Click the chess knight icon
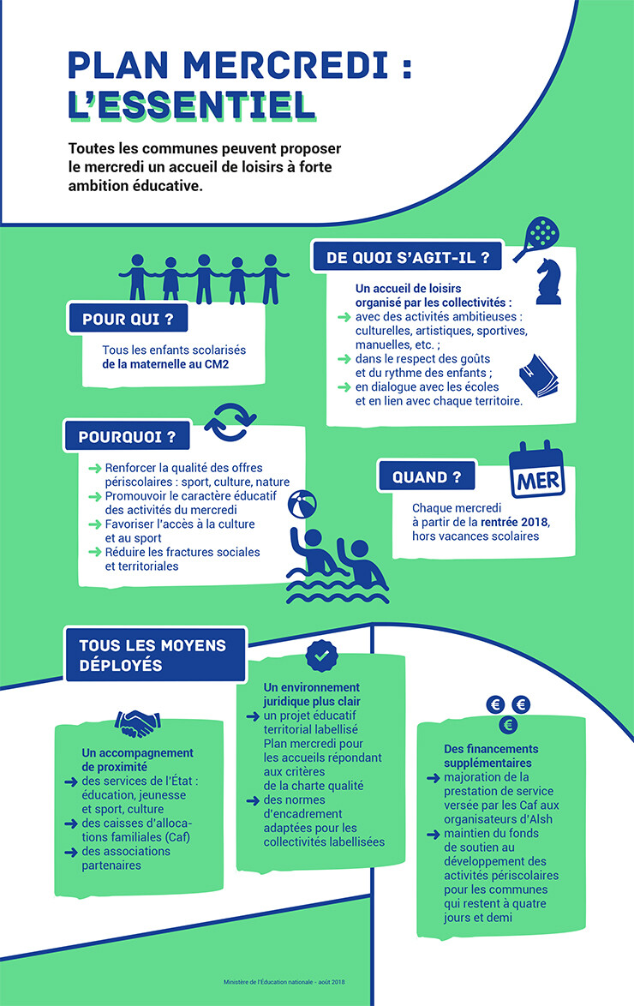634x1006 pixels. coord(548,281)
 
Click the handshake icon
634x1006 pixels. coord(137,723)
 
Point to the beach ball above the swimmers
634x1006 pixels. coord(302,504)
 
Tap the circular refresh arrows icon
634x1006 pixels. coord(230,422)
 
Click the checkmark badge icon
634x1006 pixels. coord(321,655)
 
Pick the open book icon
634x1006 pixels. coord(538,376)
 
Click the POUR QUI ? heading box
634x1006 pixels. coord(128,319)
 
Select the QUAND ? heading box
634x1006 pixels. coord(427,476)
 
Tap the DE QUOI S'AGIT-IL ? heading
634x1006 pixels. coord(408,257)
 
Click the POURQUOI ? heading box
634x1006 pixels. coord(127,437)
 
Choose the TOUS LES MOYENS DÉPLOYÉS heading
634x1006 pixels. coord(155,655)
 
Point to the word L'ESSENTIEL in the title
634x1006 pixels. coord(192,105)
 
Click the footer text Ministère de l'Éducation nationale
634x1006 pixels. coord(268,982)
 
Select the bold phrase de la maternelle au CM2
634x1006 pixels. coord(165,364)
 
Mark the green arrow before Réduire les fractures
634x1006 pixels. coord(95,552)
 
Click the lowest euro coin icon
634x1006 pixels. coord(508,725)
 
